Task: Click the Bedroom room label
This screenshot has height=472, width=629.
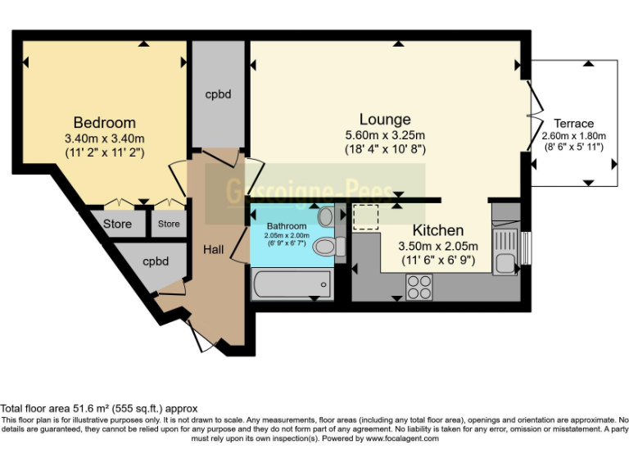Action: click(104, 123)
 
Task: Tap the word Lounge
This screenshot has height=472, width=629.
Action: click(384, 120)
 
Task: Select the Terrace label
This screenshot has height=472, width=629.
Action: click(573, 124)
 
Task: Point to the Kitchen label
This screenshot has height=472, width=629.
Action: click(437, 230)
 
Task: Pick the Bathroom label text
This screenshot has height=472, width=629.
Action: click(287, 226)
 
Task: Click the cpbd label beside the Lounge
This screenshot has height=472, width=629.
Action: click(218, 94)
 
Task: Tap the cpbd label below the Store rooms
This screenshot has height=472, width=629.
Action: click(156, 262)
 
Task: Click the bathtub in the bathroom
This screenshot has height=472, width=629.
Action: click(291, 286)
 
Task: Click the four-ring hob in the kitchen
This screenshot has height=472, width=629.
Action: click(419, 286)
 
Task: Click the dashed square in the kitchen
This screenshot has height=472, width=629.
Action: click(365, 217)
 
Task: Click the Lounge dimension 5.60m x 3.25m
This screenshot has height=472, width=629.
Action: click(384, 135)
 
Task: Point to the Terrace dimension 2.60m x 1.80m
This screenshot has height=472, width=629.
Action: click(573, 136)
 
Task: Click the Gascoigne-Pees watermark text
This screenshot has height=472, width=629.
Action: click(315, 192)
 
